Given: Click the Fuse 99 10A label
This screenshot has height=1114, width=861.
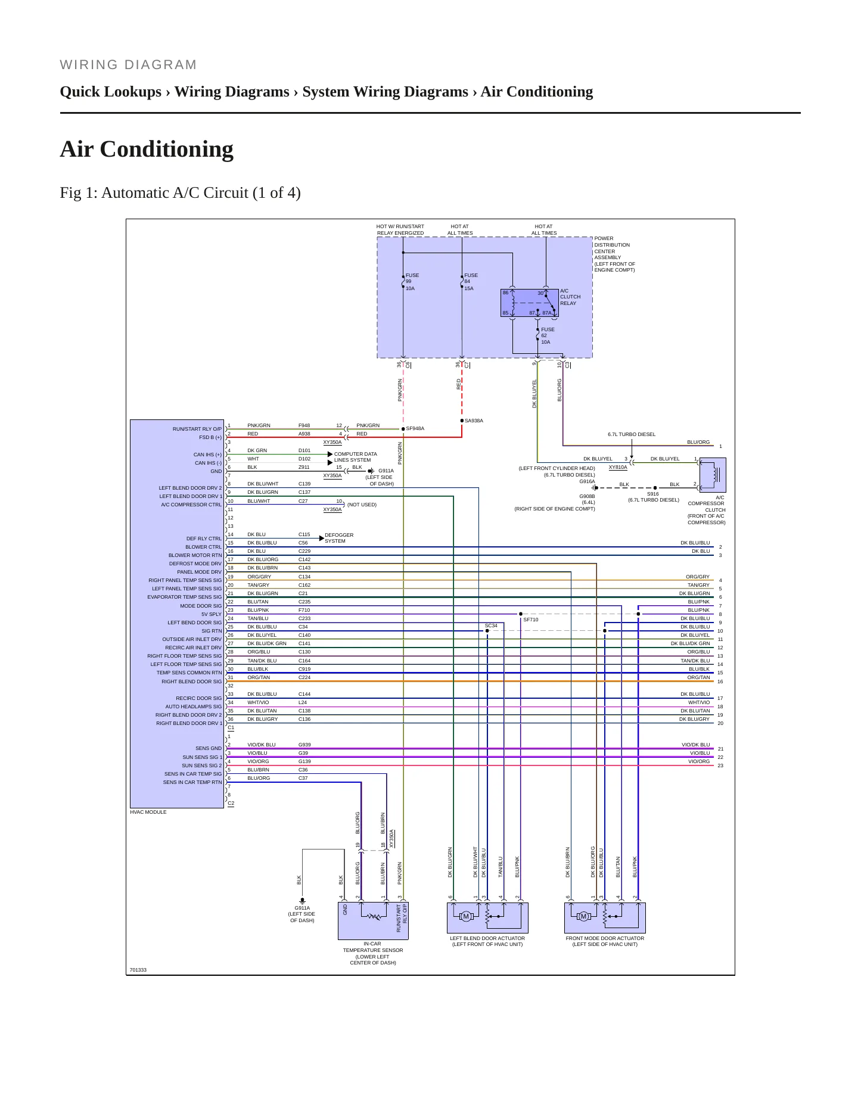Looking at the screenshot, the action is click(x=412, y=282).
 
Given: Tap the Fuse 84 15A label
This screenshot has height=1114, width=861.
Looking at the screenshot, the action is click(x=471, y=282).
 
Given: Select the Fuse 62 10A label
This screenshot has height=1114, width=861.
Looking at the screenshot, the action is click(x=548, y=336).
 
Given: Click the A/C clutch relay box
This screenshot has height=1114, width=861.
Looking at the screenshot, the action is click(x=530, y=303).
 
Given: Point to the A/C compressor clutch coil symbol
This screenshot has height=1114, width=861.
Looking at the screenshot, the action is click(x=713, y=474).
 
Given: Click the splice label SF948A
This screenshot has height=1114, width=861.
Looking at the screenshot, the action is click(x=415, y=428).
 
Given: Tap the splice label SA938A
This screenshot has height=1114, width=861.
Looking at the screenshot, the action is click(x=474, y=421).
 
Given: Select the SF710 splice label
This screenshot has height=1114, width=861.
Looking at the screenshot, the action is click(x=531, y=620).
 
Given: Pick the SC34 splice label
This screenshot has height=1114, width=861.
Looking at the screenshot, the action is click(x=491, y=626).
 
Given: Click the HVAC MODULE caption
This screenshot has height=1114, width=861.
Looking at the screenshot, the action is click(x=148, y=812).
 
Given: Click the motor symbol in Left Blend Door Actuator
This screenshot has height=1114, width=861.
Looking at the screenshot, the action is click(x=466, y=916).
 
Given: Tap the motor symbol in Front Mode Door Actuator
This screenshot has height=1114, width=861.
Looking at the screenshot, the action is click(x=583, y=916).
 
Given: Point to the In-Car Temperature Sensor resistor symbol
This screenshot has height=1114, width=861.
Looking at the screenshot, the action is click(x=374, y=917).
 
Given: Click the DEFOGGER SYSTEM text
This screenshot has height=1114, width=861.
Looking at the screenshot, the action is click(x=339, y=538).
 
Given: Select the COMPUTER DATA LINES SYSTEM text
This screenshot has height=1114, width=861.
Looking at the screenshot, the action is click(x=356, y=457).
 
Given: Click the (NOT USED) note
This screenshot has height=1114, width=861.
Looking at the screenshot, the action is click(x=362, y=505).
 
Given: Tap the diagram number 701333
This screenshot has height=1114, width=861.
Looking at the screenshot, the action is click(x=138, y=970).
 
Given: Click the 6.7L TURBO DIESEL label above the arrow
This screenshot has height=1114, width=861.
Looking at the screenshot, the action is click(x=632, y=434).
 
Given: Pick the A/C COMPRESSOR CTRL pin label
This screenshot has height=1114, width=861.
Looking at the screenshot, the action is click(x=191, y=505).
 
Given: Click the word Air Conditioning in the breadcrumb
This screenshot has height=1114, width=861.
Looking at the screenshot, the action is click(x=537, y=92).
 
